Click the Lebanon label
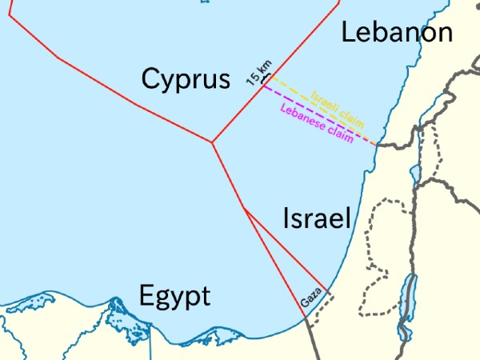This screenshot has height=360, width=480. (x=397, y=32)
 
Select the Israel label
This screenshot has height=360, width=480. (x=318, y=218)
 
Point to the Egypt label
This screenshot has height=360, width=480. (x=174, y=296)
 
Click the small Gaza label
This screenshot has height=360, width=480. (x=310, y=298)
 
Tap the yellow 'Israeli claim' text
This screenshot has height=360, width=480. (x=338, y=109)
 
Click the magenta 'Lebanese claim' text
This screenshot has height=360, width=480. (x=318, y=123)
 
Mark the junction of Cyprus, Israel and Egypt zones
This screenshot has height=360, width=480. (x=212, y=142)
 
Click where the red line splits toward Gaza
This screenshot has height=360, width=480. (x=244, y=208)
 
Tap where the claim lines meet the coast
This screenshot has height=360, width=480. (x=375, y=146)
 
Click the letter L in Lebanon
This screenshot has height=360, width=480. (x=348, y=32)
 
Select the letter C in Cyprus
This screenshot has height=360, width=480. (x=151, y=78)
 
